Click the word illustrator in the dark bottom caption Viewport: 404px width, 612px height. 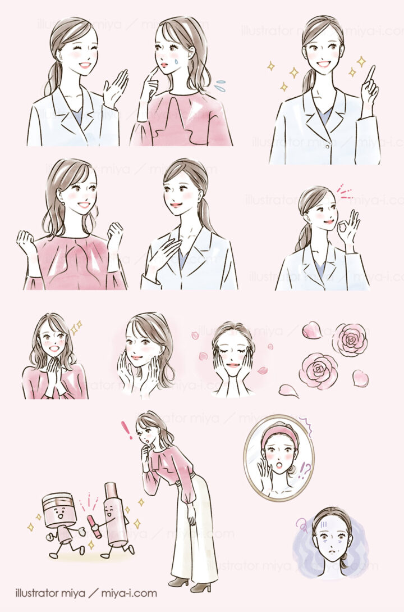point(45,593)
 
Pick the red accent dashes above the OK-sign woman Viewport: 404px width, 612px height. point(344,194)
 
